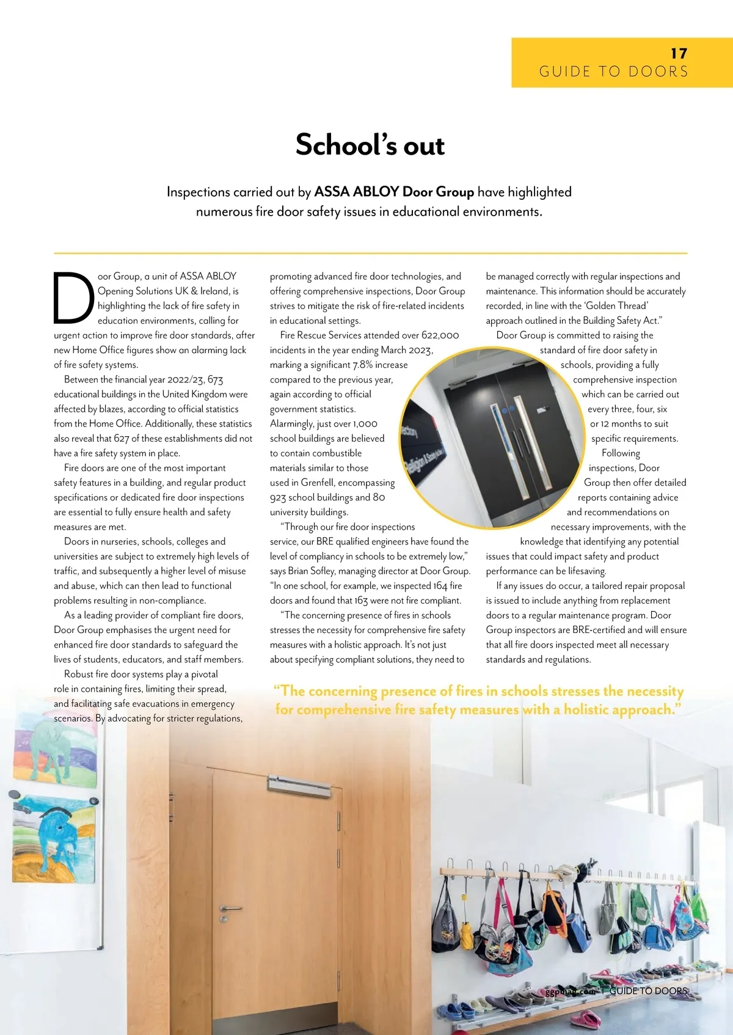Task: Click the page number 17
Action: click(x=679, y=54)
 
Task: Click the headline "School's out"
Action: click(x=370, y=145)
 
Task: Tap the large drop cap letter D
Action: click(x=73, y=298)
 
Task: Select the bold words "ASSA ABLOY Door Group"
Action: click(x=394, y=192)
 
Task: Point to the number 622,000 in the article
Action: click(x=440, y=335)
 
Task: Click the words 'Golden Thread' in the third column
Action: click(x=616, y=306)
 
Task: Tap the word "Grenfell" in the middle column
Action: click(x=317, y=483)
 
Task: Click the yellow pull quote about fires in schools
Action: click(x=478, y=700)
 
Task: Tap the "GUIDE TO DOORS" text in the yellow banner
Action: click(x=613, y=72)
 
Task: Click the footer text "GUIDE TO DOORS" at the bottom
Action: click(x=648, y=991)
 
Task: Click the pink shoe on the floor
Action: click(x=585, y=1018)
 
